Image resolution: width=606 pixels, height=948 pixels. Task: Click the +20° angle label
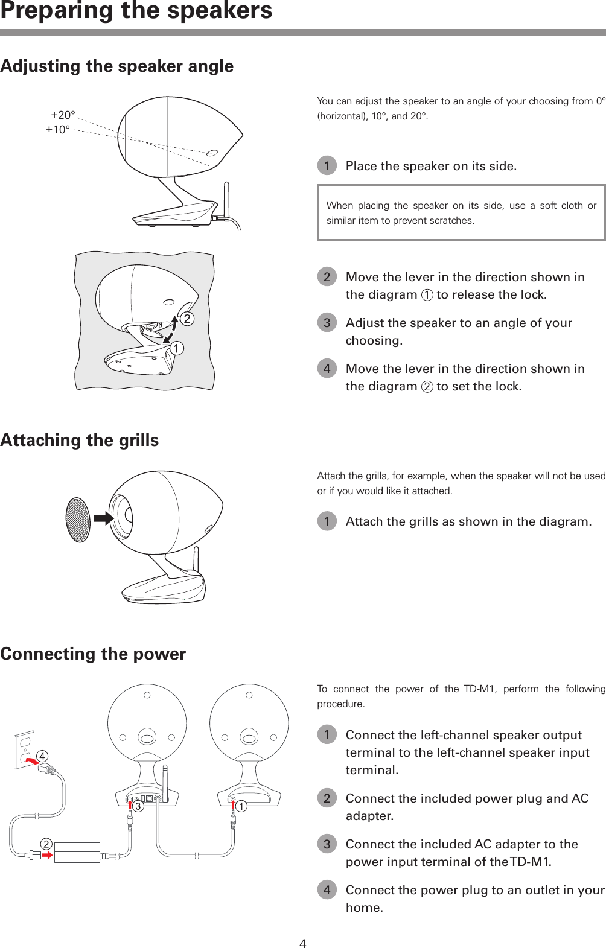(63, 115)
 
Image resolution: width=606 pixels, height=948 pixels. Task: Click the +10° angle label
(58, 129)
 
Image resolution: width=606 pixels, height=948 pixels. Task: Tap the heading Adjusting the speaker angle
(117, 66)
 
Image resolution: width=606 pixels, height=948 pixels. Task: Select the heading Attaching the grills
(80, 440)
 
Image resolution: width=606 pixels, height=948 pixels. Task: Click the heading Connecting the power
(93, 654)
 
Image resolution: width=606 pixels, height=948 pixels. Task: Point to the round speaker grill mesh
(78, 519)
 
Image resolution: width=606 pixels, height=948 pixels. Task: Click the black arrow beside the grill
(104, 518)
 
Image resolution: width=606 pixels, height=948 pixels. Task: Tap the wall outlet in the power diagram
(24, 749)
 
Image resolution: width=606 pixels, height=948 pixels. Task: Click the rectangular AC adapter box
(77, 852)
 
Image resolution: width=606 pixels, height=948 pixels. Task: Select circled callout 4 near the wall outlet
(42, 756)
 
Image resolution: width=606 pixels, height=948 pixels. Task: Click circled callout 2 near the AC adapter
(46, 844)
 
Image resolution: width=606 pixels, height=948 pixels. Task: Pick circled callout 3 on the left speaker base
(138, 806)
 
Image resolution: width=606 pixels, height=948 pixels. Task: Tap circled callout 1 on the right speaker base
(241, 806)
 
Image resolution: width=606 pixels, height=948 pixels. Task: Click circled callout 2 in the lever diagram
(187, 319)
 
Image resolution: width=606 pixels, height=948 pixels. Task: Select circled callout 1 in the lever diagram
(176, 348)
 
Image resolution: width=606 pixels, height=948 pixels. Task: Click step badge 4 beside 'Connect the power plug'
(327, 889)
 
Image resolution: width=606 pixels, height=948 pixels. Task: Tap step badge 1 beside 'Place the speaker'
(327, 165)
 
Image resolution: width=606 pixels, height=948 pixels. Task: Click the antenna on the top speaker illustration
(226, 199)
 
